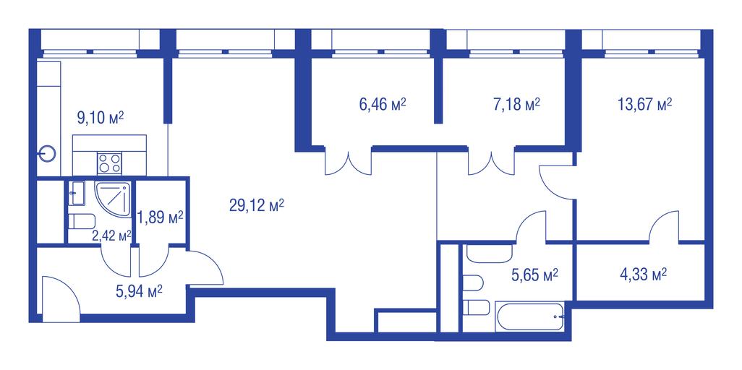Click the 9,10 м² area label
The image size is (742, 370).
101,118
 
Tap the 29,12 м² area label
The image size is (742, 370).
257,205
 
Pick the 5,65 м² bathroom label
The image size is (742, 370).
534,274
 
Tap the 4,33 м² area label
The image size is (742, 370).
643,274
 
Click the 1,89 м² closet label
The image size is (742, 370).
161,218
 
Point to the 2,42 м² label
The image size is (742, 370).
111,236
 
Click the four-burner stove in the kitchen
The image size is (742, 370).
109,163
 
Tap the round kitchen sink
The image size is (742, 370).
47,154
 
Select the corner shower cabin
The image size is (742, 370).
113,199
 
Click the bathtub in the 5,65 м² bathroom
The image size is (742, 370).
530,317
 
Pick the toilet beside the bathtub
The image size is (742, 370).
476,308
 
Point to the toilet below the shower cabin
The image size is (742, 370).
82,221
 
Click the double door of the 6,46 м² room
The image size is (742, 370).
349,162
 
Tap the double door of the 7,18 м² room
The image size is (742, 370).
491,162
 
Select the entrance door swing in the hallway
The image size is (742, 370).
61,299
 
